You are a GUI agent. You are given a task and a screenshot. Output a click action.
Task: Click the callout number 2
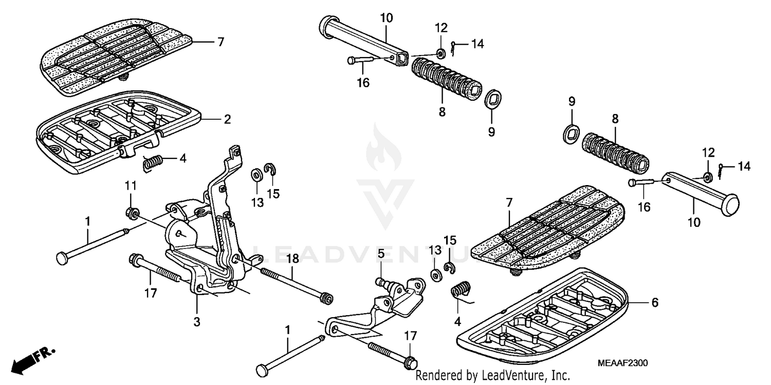click(x=227, y=119)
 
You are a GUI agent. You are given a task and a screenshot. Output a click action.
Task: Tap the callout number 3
click(x=197, y=322)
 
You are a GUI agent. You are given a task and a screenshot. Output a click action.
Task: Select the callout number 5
click(x=381, y=253)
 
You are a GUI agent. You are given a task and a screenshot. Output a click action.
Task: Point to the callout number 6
click(x=654, y=303)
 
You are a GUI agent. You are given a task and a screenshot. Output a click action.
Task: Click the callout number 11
click(x=131, y=185)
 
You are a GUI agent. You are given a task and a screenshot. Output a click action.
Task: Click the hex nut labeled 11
click(x=131, y=212)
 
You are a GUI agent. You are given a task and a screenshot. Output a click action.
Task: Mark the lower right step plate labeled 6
click(x=545, y=314)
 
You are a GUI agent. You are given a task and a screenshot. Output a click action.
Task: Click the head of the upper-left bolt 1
click(x=62, y=257)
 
